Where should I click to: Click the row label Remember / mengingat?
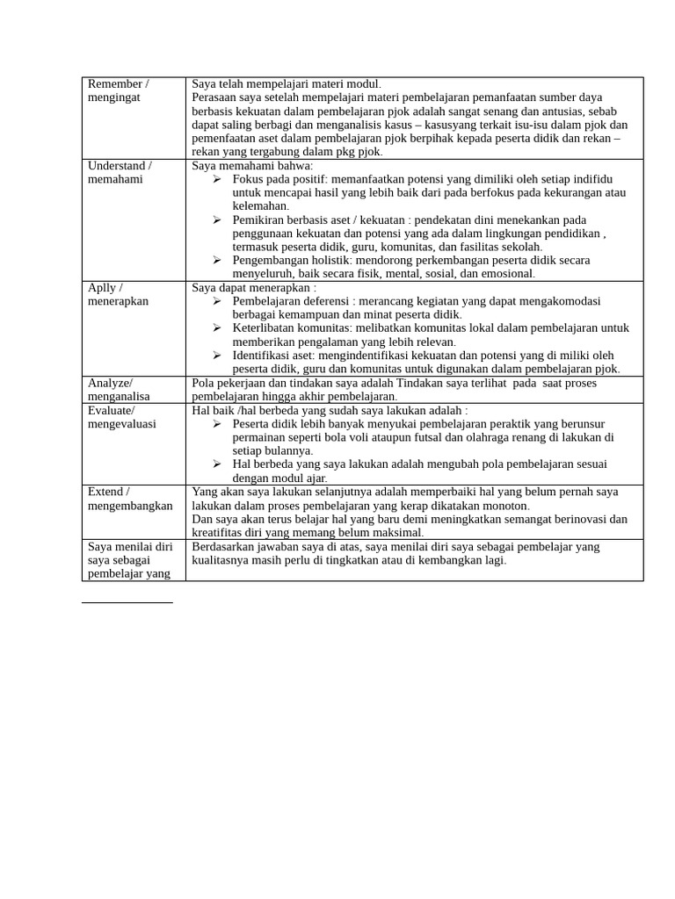pos(119,90)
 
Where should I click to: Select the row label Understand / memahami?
pos(119,172)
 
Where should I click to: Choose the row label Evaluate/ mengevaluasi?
pos(122,416)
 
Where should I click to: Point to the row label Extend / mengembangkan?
pos(130,499)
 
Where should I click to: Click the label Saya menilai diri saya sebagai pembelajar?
pos(130,559)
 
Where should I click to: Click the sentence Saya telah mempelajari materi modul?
pos(287,84)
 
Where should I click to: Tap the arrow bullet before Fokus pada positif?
pos(217,179)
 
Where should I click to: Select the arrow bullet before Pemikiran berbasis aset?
pos(217,219)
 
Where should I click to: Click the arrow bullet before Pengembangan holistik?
pos(217,260)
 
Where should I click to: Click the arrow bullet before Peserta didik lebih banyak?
pos(217,424)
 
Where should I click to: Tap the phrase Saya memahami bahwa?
pos(252,165)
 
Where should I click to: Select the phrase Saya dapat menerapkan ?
pos(254,287)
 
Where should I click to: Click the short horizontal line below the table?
pos(127,603)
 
